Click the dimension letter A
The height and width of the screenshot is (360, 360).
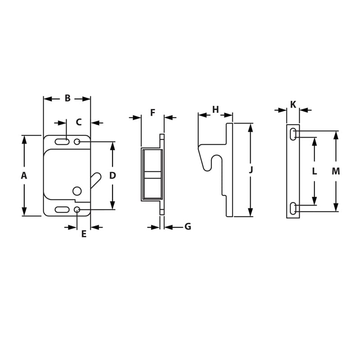click(x=24, y=175)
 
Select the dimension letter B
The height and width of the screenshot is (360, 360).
click(x=67, y=98)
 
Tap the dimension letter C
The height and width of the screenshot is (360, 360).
click(x=78, y=122)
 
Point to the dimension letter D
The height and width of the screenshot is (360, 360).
click(x=112, y=175)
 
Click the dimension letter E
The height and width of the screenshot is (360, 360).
click(x=84, y=234)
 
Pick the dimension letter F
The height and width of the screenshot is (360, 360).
click(x=153, y=112)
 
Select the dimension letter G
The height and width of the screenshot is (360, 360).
click(x=188, y=227)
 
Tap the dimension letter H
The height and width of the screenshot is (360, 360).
click(x=215, y=109)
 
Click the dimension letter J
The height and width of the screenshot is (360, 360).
click(x=251, y=170)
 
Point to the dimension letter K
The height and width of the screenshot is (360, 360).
click(x=293, y=104)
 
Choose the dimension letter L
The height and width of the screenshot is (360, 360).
click(x=314, y=171)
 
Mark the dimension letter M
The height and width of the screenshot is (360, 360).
click(x=336, y=171)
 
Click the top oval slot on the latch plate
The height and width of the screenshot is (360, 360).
click(x=62, y=142)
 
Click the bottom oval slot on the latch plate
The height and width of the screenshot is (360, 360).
click(x=62, y=209)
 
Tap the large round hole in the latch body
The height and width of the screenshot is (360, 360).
click(x=77, y=191)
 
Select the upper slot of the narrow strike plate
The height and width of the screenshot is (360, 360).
click(x=293, y=134)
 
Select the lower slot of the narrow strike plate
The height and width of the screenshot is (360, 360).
click(x=293, y=208)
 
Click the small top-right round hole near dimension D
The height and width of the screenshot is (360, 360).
click(x=77, y=142)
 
